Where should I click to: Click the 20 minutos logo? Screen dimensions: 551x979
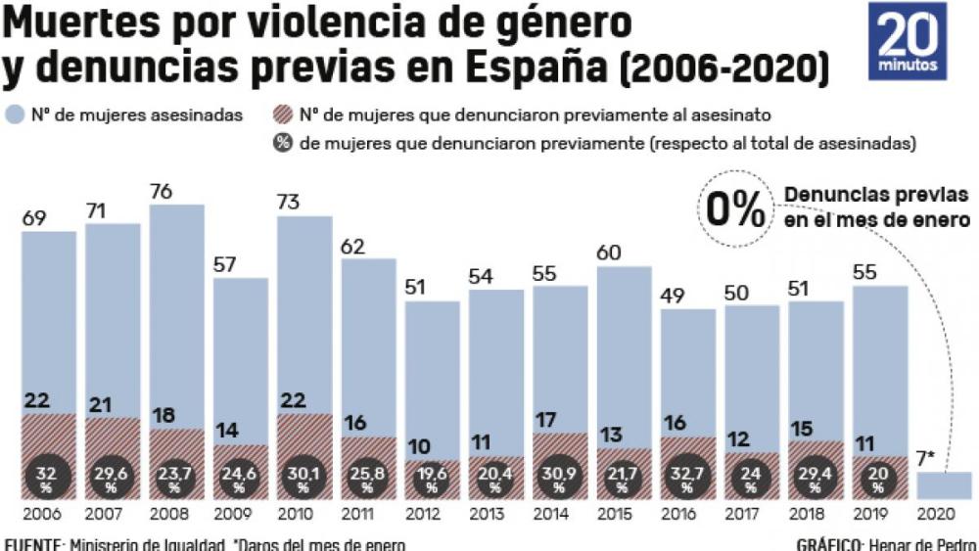tap(907, 41)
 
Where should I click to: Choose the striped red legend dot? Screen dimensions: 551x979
tap(284, 115)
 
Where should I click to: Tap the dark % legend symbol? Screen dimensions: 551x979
tap(284, 144)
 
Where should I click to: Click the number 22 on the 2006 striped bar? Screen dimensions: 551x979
tap(38, 400)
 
